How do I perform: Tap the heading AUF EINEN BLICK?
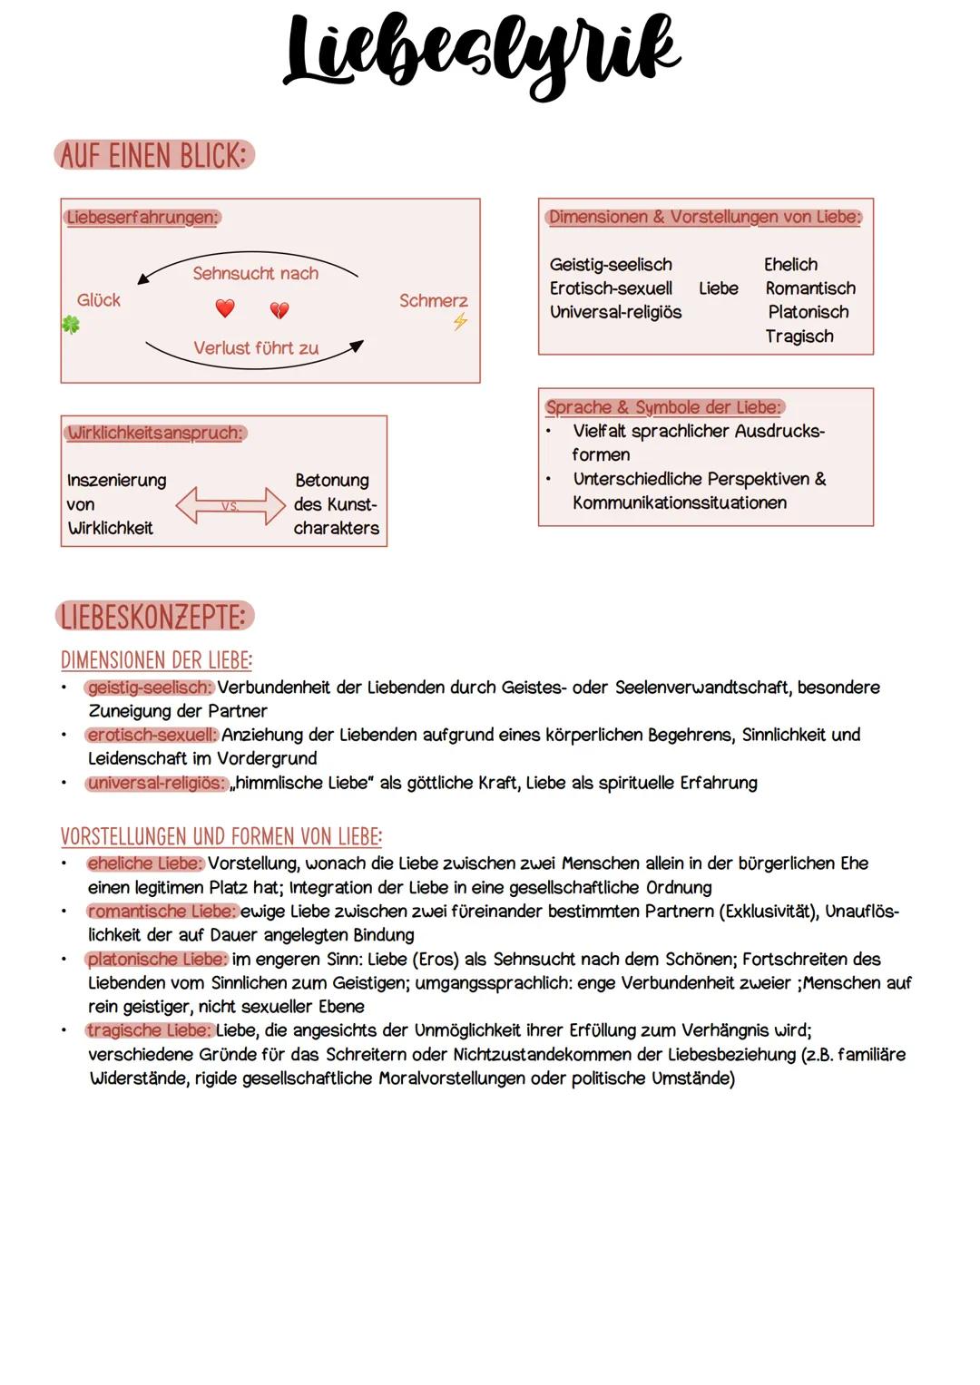tap(154, 156)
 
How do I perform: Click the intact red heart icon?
tap(225, 308)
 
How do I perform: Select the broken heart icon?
tap(279, 311)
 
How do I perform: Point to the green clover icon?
tap(71, 324)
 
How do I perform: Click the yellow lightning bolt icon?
tap(460, 321)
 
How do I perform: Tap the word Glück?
tap(99, 300)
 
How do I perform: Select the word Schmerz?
tap(433, 300)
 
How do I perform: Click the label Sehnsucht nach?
tap(255, 273)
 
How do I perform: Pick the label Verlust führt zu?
tap(256, 348)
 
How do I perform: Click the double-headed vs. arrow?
tap(230, 505)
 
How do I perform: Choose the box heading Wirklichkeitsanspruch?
tap(155, 433)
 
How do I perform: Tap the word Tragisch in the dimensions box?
tap(799, 336)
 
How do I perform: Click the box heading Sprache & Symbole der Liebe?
tap(663, 407)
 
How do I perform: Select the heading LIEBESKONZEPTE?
tap(154, 617)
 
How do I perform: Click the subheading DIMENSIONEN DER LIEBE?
tap(156, 659)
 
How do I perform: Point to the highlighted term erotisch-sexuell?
tap(152, 735)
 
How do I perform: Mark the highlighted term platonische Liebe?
tap(156, 959)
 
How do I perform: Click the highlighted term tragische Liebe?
tap(150, 1030)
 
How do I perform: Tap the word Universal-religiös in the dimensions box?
tap(615, 312)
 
